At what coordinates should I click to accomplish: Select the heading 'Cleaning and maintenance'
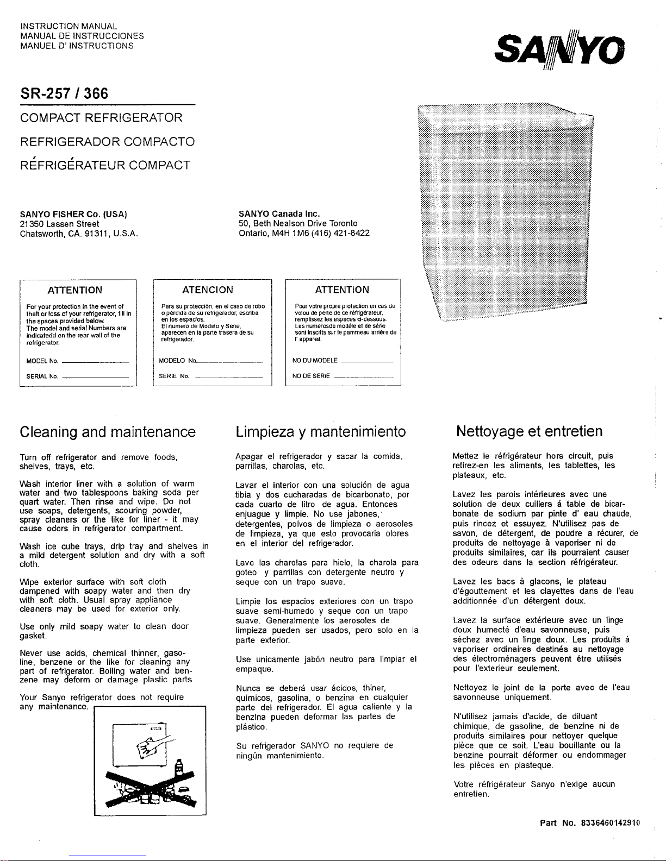pyautogui.click(x=107, y=432)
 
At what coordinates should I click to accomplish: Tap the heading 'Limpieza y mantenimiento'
pyautogui.click(x=321, y=432)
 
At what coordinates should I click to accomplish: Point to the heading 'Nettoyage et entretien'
pyautogui.click(x=529, y=432)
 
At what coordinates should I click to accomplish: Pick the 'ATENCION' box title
pyautogui.click(x=208, y=290)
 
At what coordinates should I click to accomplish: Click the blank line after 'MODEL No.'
pyautogui.click(x=96, y=361)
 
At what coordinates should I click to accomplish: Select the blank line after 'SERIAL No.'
pyautogui.click(x=96, y=376)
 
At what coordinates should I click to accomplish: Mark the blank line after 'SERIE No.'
pyautogui.click(x=228, y=376)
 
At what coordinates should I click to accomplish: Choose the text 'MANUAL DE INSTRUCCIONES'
pyautogui.click(x=82, y=36)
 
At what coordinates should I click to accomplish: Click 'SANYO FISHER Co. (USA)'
pyautogui.click(x=73, y=214)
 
